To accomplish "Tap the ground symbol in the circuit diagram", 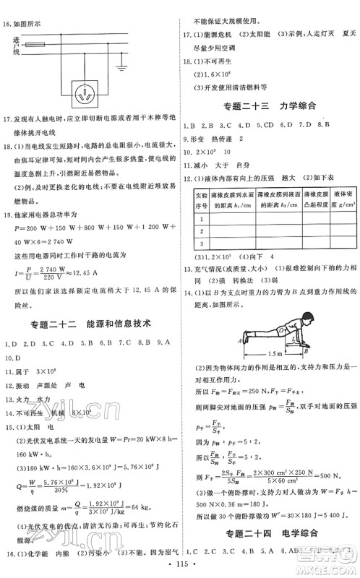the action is pyautogui.click(x=119, y=69).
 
